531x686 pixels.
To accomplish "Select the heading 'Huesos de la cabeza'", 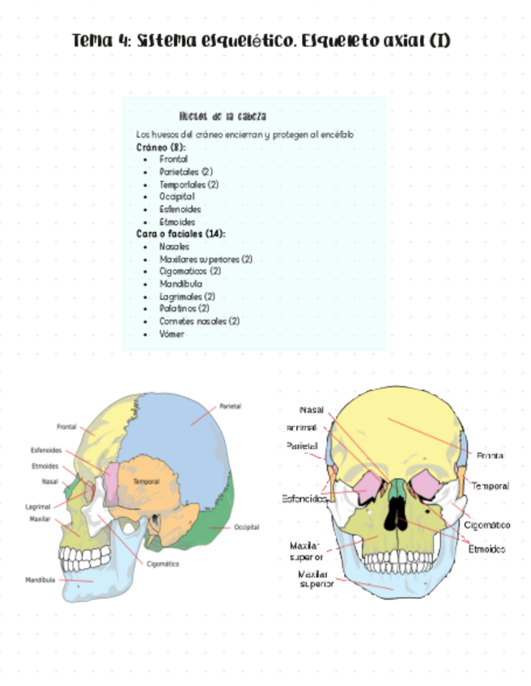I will pos(223,116).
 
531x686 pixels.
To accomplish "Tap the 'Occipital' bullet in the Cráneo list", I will pos(177,197).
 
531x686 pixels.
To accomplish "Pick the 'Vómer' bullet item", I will pos(172,333).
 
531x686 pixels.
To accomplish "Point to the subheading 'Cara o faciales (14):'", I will pos(181,234).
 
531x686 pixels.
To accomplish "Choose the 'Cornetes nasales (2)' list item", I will pos(199,321).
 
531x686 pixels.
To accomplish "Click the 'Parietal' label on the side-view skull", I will pos(230,406).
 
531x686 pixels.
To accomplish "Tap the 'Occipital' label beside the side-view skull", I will pos(246,527).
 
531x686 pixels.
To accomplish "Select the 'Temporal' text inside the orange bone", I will pos(146,481).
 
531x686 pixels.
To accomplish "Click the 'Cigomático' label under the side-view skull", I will pos(163,564).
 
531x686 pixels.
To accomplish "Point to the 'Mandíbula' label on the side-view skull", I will pos(40,580).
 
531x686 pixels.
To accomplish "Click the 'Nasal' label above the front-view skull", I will pos(312,410).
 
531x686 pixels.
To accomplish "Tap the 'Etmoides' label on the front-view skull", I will pos(486,549).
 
